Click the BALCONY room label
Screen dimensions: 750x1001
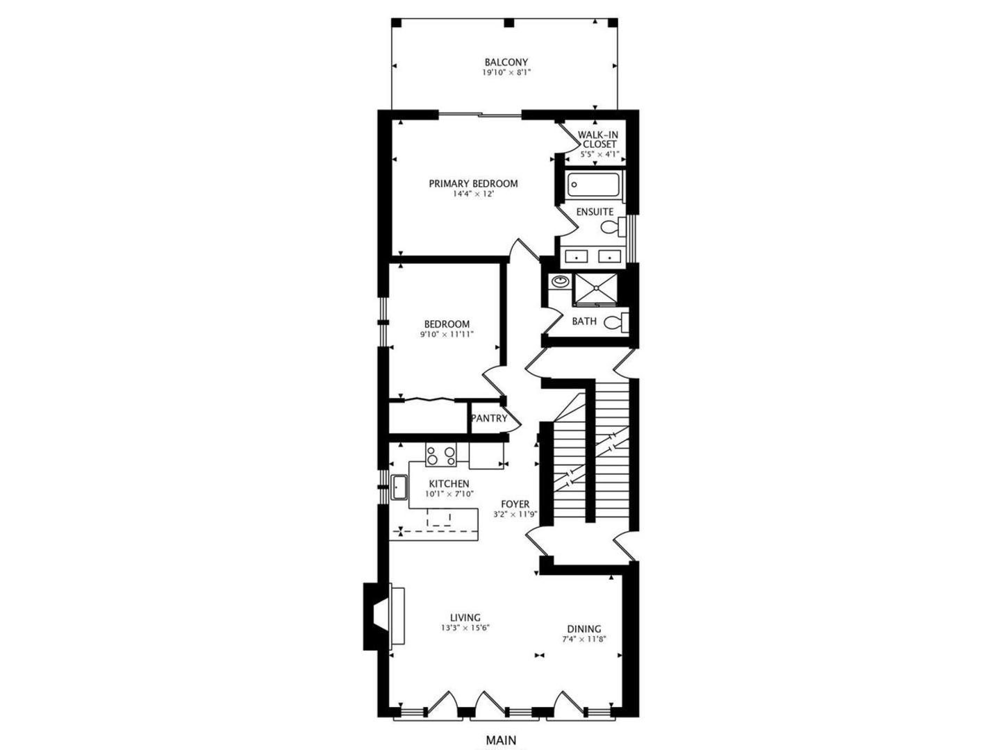(x=506, y=62)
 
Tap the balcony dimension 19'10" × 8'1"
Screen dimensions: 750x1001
(x=506, y=72)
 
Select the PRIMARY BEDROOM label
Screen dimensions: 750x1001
(x=473, y=183)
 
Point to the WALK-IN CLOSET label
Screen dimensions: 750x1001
(x=599, y=139)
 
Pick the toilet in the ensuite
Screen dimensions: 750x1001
(x=611, y=226)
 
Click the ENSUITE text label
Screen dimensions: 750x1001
(x=595, y=211)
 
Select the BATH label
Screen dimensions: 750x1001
(x=584, y=321)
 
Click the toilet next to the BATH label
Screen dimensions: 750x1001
(x=615, y=322)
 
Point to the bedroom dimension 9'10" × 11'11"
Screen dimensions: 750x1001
(x=447, y=334)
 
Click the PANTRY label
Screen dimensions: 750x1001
(x=489, y=418)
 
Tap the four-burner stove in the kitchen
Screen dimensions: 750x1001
(x=441, y=456)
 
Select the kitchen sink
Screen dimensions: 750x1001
(x=399, y=487)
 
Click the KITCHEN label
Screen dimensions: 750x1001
(x=449, y=483)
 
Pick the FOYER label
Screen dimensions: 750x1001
(x=515, y=504)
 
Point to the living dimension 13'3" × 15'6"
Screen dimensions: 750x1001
(x=465, y=628)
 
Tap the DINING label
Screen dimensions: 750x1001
(x=584, y=628)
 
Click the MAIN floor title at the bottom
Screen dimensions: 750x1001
(x=501, y=740)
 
